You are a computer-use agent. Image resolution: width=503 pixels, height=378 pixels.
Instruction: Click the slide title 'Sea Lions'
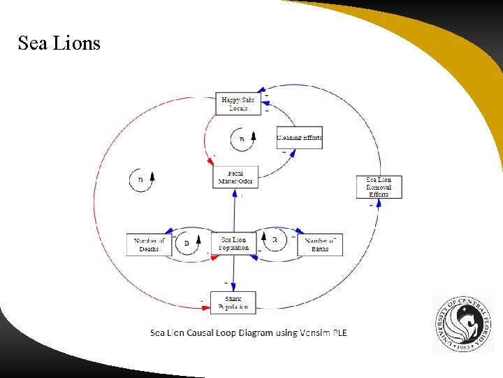click(x=59, y=43)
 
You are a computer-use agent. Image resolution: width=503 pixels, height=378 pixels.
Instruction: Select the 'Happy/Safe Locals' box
click(x=238, y=104)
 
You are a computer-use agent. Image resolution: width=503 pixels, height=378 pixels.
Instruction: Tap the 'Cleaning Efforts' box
click(x=299, y=137)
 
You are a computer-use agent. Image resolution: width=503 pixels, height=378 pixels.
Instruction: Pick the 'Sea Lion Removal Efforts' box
click(x=379, y=187)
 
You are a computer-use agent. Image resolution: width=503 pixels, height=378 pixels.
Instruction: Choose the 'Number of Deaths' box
click(x=149, y=244)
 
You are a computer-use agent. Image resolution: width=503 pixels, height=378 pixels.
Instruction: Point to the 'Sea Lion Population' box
click(x=234, y=244)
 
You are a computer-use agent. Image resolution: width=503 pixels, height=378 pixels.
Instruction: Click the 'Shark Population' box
click(x=233, y=302)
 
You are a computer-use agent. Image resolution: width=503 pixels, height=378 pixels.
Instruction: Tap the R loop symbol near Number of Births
click(x=275, y=240)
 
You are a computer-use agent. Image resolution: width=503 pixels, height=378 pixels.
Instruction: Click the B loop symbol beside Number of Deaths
click(x=186, y=244)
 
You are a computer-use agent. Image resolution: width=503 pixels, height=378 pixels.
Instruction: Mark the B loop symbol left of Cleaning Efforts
click(x=242, y=139)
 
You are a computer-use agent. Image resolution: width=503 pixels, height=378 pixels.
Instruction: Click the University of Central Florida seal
click(x=463, y=323)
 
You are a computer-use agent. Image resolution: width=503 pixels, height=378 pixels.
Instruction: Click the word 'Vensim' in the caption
click(x=302, y=332)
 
